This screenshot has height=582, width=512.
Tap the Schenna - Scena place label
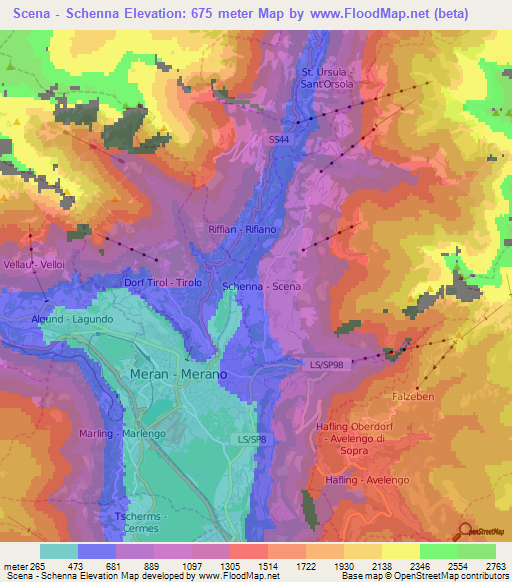[x=261, y=286]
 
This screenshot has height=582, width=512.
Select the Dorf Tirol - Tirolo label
[x=163, y=283]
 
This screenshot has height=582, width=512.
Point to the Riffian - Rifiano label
[x=241, y=229]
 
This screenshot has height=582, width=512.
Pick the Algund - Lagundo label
[x=71, y=319]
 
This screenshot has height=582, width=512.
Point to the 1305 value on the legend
[x=209, y=567]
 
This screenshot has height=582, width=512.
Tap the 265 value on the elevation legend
[x=40, y=567]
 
